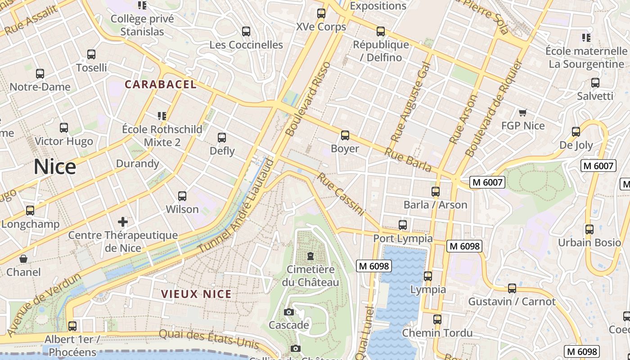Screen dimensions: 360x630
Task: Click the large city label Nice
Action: (x=55, y=167)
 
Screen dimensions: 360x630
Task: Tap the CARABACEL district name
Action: (x=161, y=84)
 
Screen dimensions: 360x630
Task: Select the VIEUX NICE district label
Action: (x=196, y=294)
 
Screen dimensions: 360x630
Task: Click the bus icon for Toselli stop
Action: (x=91, y=54)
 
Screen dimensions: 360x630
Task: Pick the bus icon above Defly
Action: (x=222, y=138)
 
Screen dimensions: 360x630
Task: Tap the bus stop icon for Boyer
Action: (x=345, y=135)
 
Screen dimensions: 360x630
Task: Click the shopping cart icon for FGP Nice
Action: (x=522, y=112)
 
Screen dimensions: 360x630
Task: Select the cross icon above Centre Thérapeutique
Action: (x=123, y=221)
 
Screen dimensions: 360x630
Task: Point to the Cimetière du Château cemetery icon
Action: (x=310, y=256)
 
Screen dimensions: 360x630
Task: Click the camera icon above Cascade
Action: (x=289, y=312)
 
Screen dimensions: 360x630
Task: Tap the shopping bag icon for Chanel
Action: (x=23, y=259)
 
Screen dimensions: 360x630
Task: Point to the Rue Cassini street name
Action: (x=340, y=194)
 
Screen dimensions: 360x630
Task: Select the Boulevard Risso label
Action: (x=309, y=99)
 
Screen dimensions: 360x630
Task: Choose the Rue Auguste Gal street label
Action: (x=410, y=102)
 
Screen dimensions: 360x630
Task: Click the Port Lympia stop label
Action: (x=403, y=238)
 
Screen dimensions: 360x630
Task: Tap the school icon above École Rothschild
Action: (x=162, y=116)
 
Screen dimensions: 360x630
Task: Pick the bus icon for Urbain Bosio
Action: (x=589, y=229)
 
